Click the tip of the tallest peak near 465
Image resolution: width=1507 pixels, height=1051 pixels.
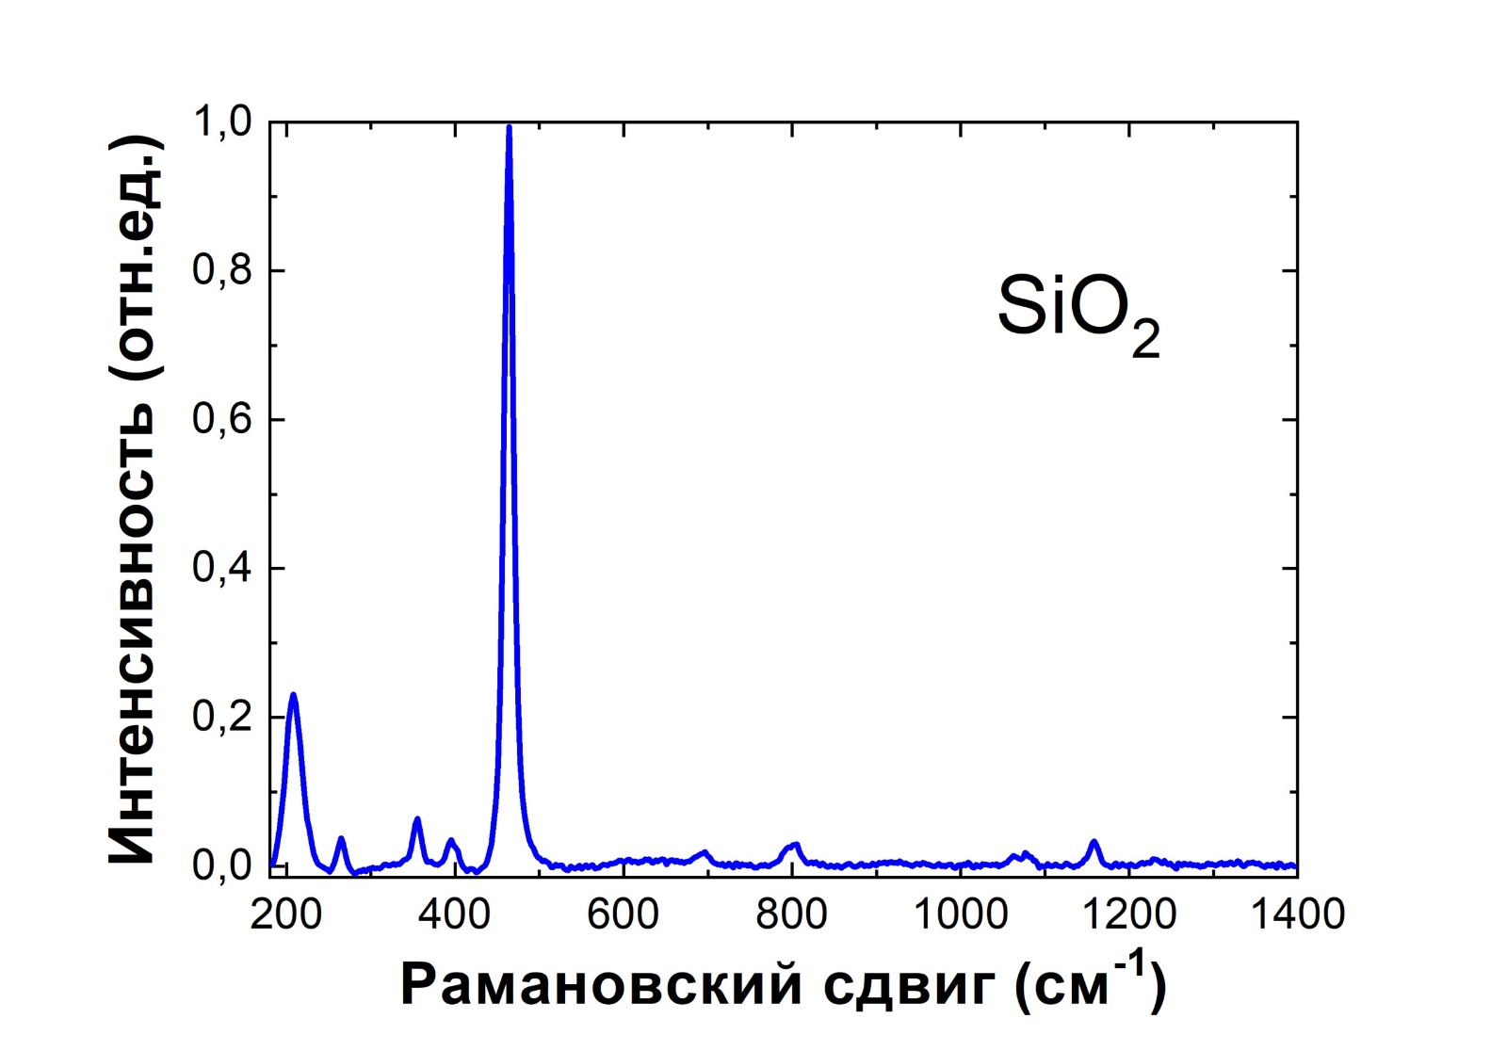(x=509, y=127)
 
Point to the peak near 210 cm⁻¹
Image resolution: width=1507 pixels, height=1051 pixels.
(x=293, y=695)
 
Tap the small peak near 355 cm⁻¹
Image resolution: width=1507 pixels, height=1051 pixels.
(x=416, y=819)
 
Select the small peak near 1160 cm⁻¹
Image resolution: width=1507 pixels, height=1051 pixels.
(x=1094, y=841)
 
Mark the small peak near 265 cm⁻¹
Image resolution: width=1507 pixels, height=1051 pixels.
(x=341, y=838)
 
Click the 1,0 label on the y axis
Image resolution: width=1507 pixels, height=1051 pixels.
(x=222, y=122)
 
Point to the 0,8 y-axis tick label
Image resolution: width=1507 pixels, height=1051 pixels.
(x=222, y=271)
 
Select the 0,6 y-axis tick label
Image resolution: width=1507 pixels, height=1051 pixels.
(x=222, y=420)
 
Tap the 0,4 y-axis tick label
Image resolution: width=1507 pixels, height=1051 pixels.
(x=222, y=569)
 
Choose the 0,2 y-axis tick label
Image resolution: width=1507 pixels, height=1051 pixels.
(x=222, y=718)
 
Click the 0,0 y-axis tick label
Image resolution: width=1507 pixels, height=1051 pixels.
(x=222, y=866)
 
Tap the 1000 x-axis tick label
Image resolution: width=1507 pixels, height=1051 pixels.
(x=960, y=914)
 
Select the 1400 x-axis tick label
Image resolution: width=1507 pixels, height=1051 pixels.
(x=1296, y=914)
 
